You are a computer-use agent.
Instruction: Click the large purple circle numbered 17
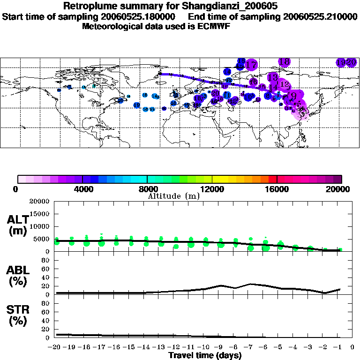click(251, 65)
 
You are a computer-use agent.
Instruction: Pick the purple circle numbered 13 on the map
click(272, 77)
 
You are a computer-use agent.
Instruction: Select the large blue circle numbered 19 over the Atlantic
click(137, 105)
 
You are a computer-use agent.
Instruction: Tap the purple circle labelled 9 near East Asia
click(293, 96)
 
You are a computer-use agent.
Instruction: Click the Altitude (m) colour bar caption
click(173, 196)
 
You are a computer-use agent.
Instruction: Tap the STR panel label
click(17, 315)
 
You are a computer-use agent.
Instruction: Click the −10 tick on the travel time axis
click(205, 347)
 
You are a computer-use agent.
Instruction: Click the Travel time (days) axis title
click(205, 356)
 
